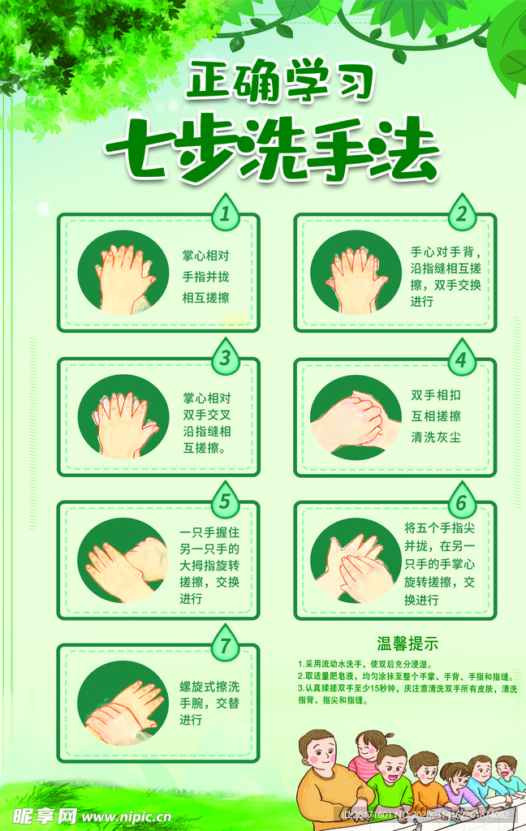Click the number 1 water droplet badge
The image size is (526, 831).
(226, 213)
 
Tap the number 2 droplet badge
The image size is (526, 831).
(461, 213)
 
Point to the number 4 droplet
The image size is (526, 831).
(461, 358)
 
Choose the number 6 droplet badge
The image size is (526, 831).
(461, 502)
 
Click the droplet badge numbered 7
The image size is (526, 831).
(225, 645)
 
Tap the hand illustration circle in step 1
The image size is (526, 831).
(123, 273)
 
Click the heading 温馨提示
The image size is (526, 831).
(407, 644)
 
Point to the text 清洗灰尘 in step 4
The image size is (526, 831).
(436, 437)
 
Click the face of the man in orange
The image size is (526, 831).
(320, 754)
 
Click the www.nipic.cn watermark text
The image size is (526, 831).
(126, 816)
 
